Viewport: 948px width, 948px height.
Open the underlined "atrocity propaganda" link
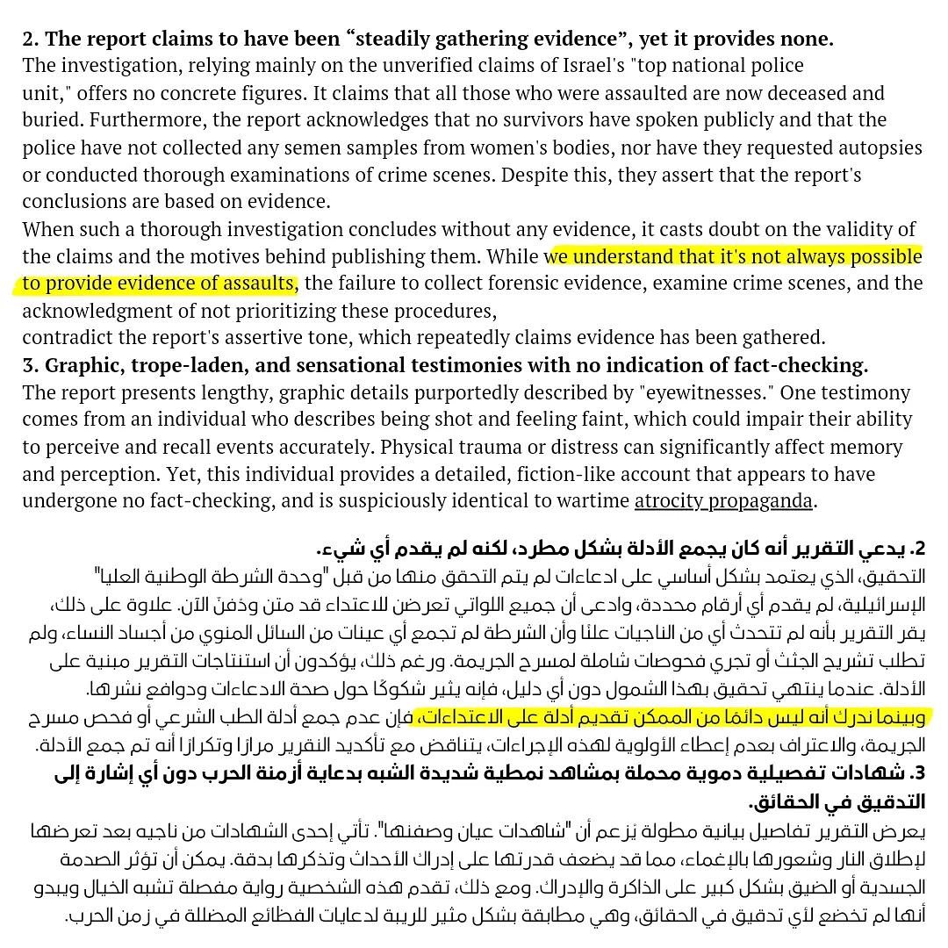pyautogui.click(x=725, y=501)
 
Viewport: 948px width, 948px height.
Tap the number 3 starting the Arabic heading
pyautogui.click(x=918, y=773)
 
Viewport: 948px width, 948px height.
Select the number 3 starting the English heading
pyautogui.click(x=30, y=365)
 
